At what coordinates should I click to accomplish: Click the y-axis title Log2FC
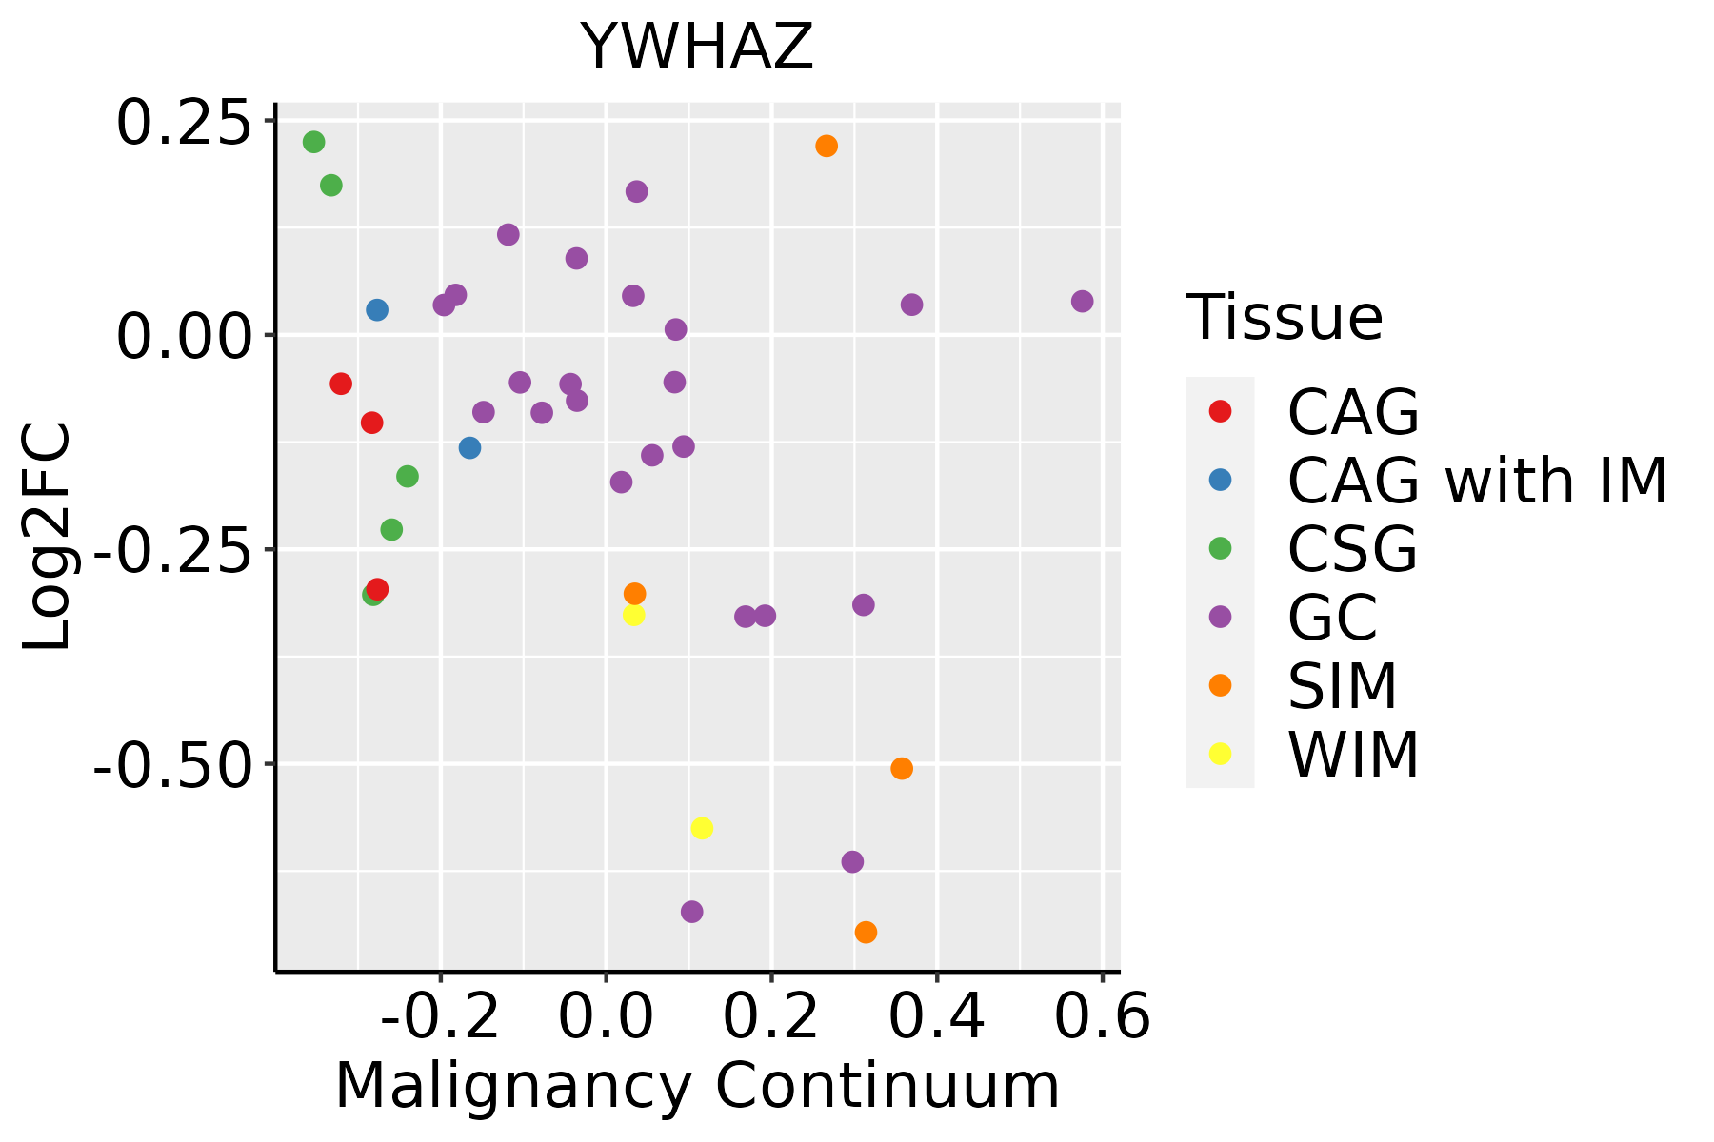click(x=48, y=537)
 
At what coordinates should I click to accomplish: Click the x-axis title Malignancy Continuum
click(x=697, y=1086)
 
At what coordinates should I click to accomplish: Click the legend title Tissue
click(x=1285, y=318)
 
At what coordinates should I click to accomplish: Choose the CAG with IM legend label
click(x=1477, y=481)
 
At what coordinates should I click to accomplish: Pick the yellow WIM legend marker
click(x=1220, y=754)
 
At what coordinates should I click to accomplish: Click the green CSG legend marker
click(x=1220, y=548)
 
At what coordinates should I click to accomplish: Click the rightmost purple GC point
click(x=1082, y=302)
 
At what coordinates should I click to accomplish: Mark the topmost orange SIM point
click(x=827, y=147)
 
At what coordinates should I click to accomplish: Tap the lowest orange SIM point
click(x=866, y=933)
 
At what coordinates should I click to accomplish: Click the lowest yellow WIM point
click(x=702, y=828)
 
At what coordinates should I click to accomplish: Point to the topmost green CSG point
click(x=314, y=142)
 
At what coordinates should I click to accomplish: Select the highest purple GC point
click(x=637, y=191)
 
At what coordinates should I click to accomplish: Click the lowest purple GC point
click(x=692, y=912)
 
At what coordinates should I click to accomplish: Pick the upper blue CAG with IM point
click(x=377, y=310)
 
